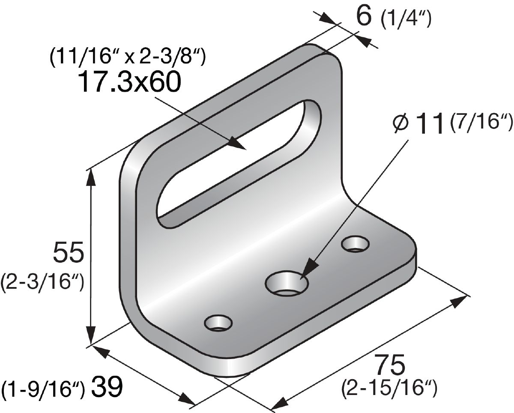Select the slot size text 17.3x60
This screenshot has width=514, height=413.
tap(130, 82)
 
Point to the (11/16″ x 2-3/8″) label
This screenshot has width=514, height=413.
tap(128, 57)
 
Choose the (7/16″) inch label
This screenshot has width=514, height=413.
tap(481, 122)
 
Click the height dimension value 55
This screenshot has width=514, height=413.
tap(69, 252)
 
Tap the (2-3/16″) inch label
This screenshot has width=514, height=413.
tap(43, 283)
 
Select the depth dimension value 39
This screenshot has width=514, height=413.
tap(107, 386)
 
